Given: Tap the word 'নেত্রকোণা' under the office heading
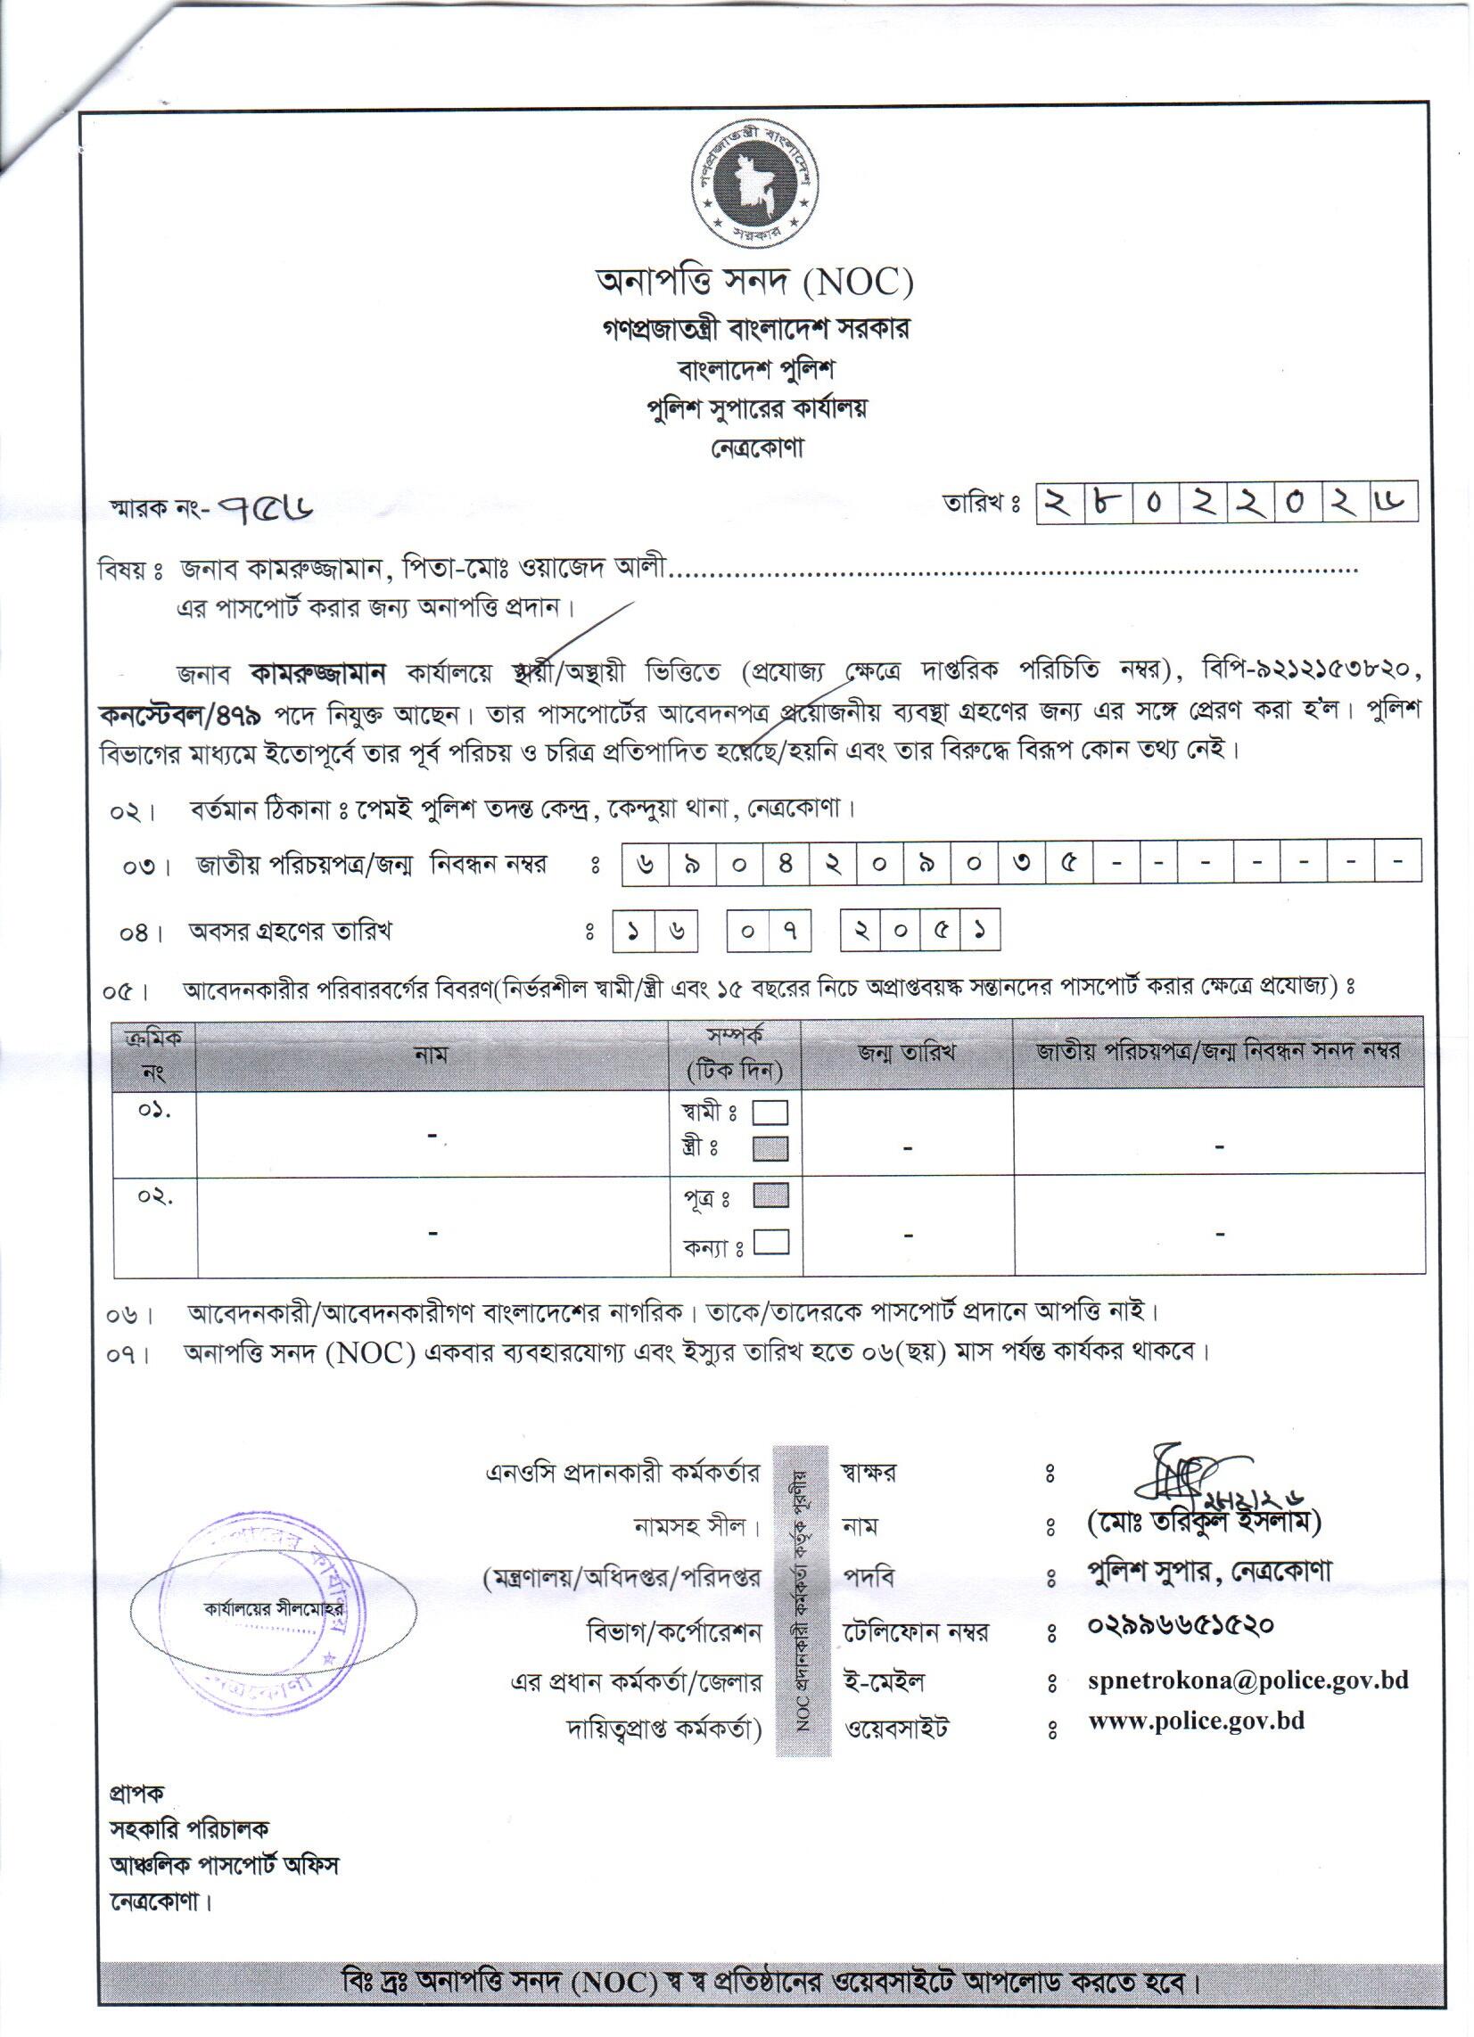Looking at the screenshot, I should (753, 448).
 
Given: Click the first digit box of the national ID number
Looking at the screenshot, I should (645, 863).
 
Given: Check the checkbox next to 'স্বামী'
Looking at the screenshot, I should (770, 1113).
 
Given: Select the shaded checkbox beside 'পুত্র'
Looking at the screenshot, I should (770, 1195).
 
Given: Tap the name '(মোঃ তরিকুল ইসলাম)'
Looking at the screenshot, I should (1204, 1523).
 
